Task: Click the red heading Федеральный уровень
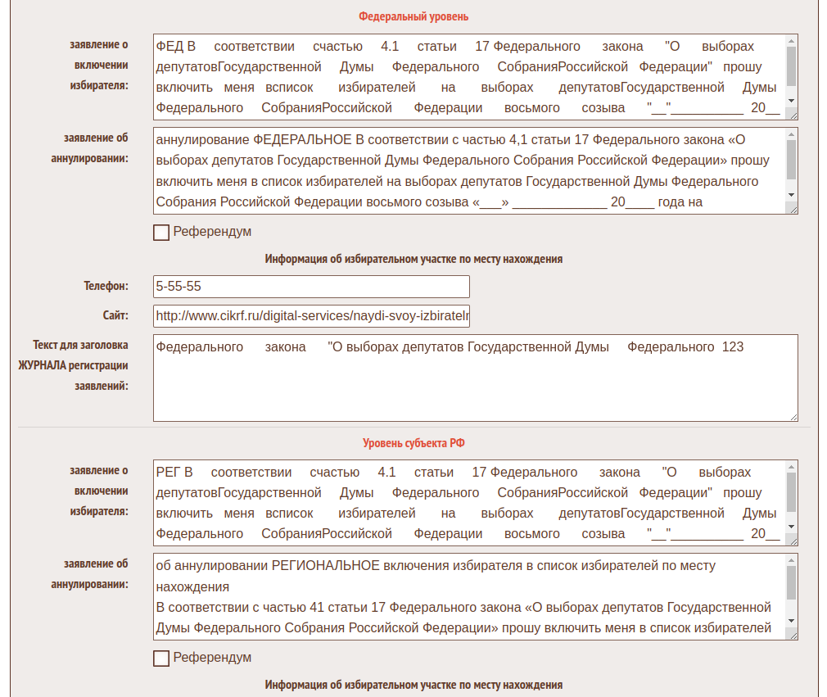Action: pyautogui.click(x=413, y=16)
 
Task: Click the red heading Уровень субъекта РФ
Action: pyautogui.click(x=413, y=443)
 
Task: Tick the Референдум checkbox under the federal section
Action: pyautogui.click(x=161, y=233)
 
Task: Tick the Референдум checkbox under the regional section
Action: pyautogui.click(x=161, y=659)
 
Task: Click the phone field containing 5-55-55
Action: pyautogui.click(x=311, y=287)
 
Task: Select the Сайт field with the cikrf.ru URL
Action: pyautogui.click(x=311, y=316)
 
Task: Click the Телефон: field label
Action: pyautogui.click(x=106, y=287)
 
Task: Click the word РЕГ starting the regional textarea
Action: pyautogui.click(x=169, y=473)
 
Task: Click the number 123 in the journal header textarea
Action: pyautogui.click(x=733, y=347)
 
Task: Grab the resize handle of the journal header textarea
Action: pyautogui.click(x=793, y=417)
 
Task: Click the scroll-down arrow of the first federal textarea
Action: pyautogui.click(x=791, y=100)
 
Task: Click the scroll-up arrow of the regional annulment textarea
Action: pyautogui.click(x=791, y=559)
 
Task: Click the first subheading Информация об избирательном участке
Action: pyautogui.click(x=413, y=259)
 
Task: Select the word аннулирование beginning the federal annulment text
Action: pyautogui.click(x=202, y=139)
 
